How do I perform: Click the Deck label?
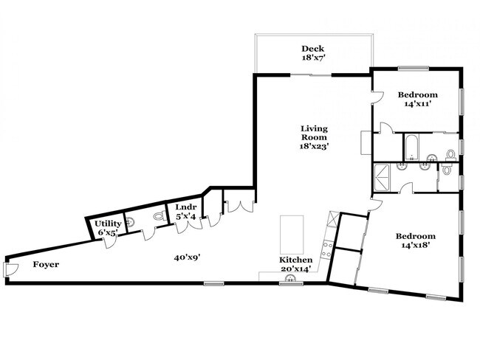(x=314, y=49)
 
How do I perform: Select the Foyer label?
(x=46, y=264)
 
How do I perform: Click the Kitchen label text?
(x=295, y=260)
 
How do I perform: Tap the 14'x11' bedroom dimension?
(x=418, y=105)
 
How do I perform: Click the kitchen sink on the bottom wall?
(x=290, y=279)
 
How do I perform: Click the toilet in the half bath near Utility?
(x=157, y=218)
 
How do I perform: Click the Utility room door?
(x=109, y=241)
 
